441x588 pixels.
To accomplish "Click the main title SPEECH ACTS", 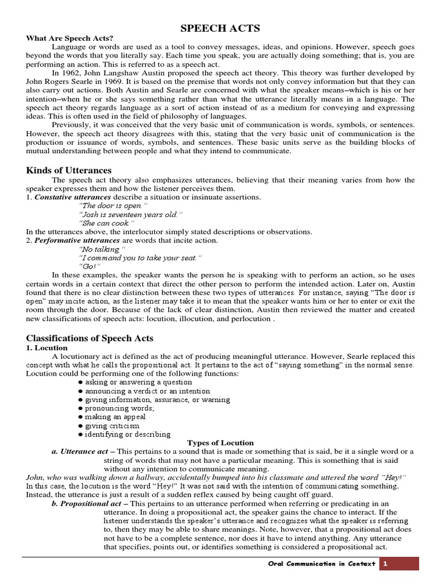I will pyautogui.click(x=220, y=28).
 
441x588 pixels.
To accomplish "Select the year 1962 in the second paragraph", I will pyautogui.click(x=71, y=73).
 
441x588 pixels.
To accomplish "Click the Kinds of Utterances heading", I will pyautogui.click(x=69, y=170).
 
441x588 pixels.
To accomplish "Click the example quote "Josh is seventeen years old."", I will pyautogui.click(x=130, y=214).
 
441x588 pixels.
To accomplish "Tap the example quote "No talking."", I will pyautogui.click(x=101, y=249).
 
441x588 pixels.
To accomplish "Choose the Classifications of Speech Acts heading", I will pyautogui.click(x=90, y=338).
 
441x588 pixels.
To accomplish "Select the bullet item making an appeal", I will pyautogui.click(x=115, y=417).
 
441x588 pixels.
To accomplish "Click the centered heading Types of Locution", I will pyautogui.click(x=220, y=443).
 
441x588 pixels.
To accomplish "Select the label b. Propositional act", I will pyautogui.click(x=85, y=504).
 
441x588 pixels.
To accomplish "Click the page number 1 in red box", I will pyautogui.click(x=386, y=563).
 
